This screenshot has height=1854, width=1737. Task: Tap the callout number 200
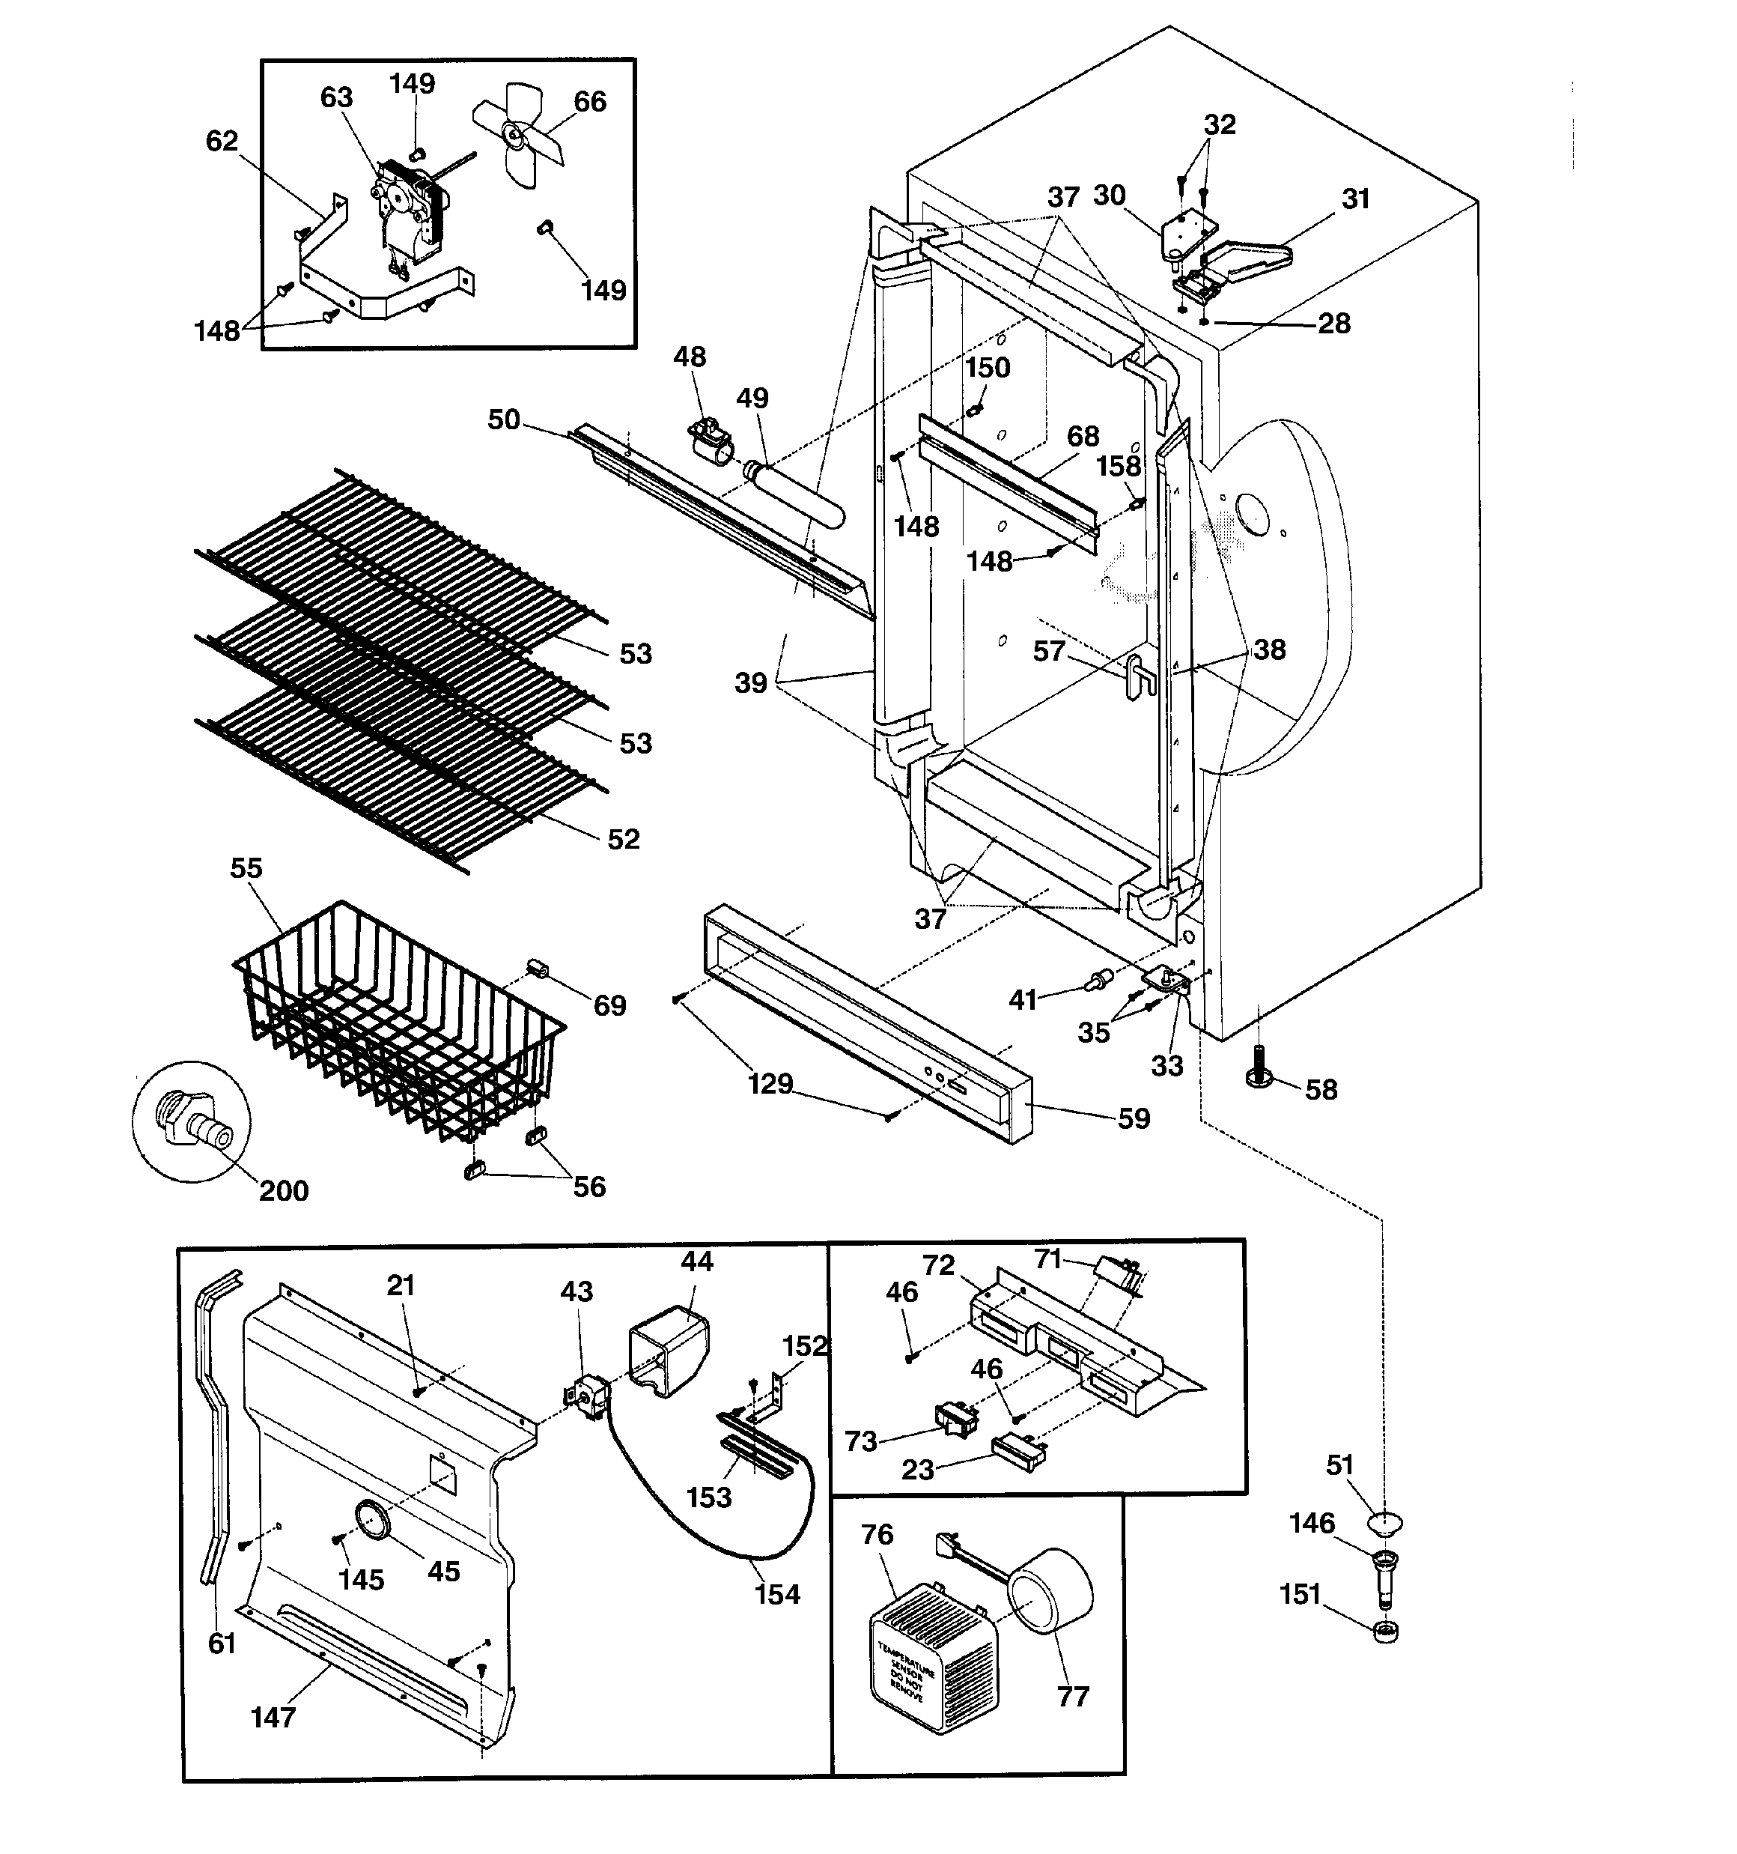[284, 1191]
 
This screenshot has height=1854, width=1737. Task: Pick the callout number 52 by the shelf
[624, 839]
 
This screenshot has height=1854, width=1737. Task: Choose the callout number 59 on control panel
[1134, 1118]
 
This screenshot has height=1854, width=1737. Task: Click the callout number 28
[1334, 324]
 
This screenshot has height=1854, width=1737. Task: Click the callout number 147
[273, 1717]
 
